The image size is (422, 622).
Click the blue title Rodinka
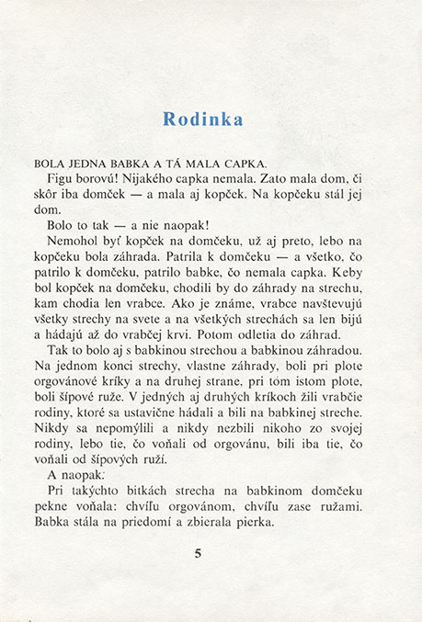point(202,119)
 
